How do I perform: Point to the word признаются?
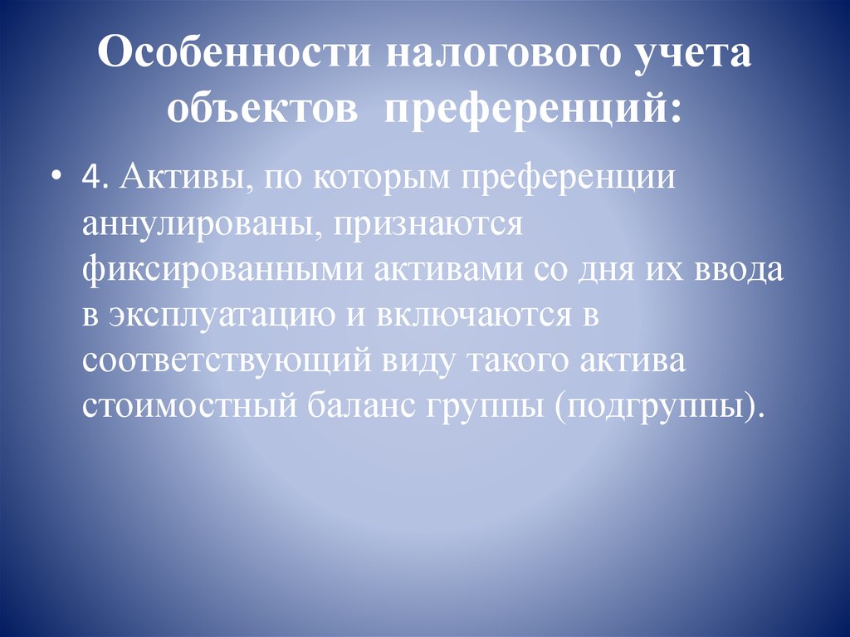click(426, 227)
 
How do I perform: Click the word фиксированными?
click(222, 272)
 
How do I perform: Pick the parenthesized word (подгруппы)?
click(652, 409)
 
